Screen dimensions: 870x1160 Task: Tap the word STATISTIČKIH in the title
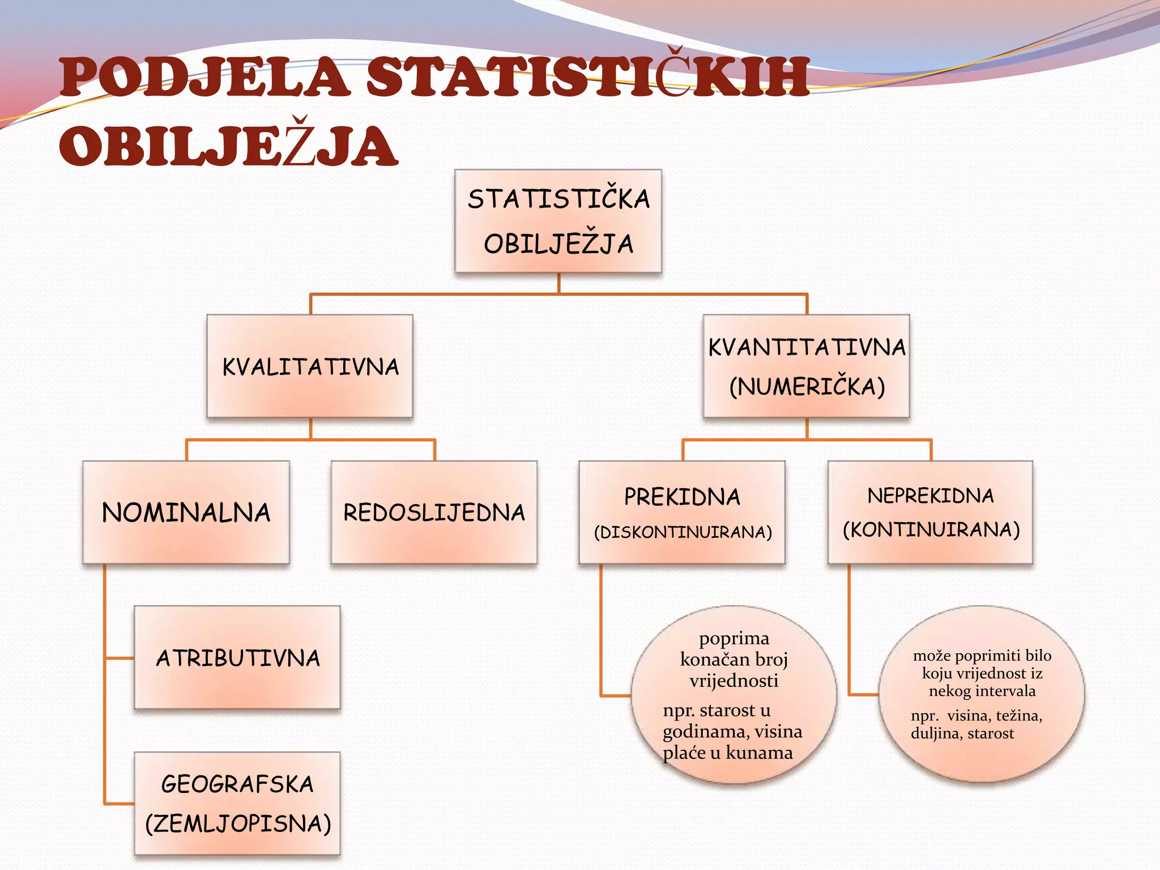(588, 77)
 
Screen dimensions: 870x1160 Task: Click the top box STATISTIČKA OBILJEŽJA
(558, 221)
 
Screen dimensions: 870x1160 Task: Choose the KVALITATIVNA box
(310, 366)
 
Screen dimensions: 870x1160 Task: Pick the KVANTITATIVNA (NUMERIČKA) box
(806, 366)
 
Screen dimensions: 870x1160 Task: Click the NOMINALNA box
(186, 512)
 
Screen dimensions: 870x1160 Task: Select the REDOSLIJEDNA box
(434, 512)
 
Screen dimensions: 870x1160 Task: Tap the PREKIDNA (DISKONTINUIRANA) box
(682, 512)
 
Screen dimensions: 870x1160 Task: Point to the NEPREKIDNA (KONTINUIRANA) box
(931, 512)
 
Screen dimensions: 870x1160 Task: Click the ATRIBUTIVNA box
(237, 658)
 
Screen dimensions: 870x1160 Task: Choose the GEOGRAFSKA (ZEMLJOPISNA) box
(237, 803)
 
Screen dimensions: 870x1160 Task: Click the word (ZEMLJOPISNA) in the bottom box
(238, 823)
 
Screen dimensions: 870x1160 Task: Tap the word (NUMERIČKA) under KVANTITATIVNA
(807, 387)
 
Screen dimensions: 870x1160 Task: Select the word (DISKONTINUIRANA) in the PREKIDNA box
(683, 532)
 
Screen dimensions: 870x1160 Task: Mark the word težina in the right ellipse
(1018, 715)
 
